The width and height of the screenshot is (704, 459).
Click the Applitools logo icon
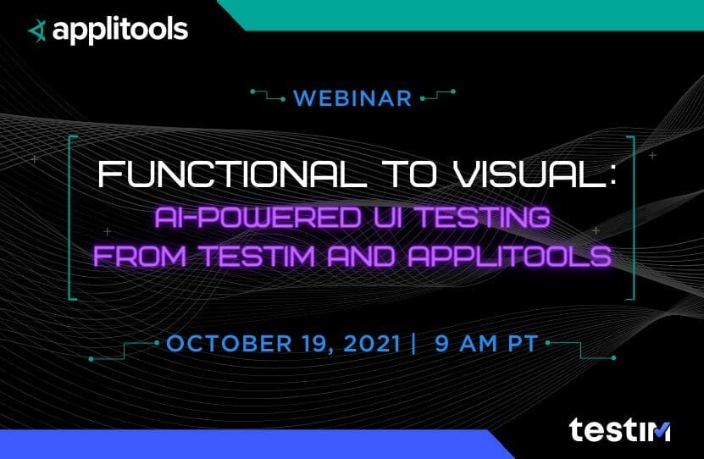click(x=37, y=31)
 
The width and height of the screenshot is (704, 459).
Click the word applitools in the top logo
click(x=119, y=31)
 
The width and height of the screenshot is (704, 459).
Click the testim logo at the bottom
click(x=619, y=430)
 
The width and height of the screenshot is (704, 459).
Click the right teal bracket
click(x=630, y=216)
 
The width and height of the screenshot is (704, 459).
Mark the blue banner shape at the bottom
click(x=237, y=445)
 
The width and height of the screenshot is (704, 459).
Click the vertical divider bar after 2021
click(x=413, y=344)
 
